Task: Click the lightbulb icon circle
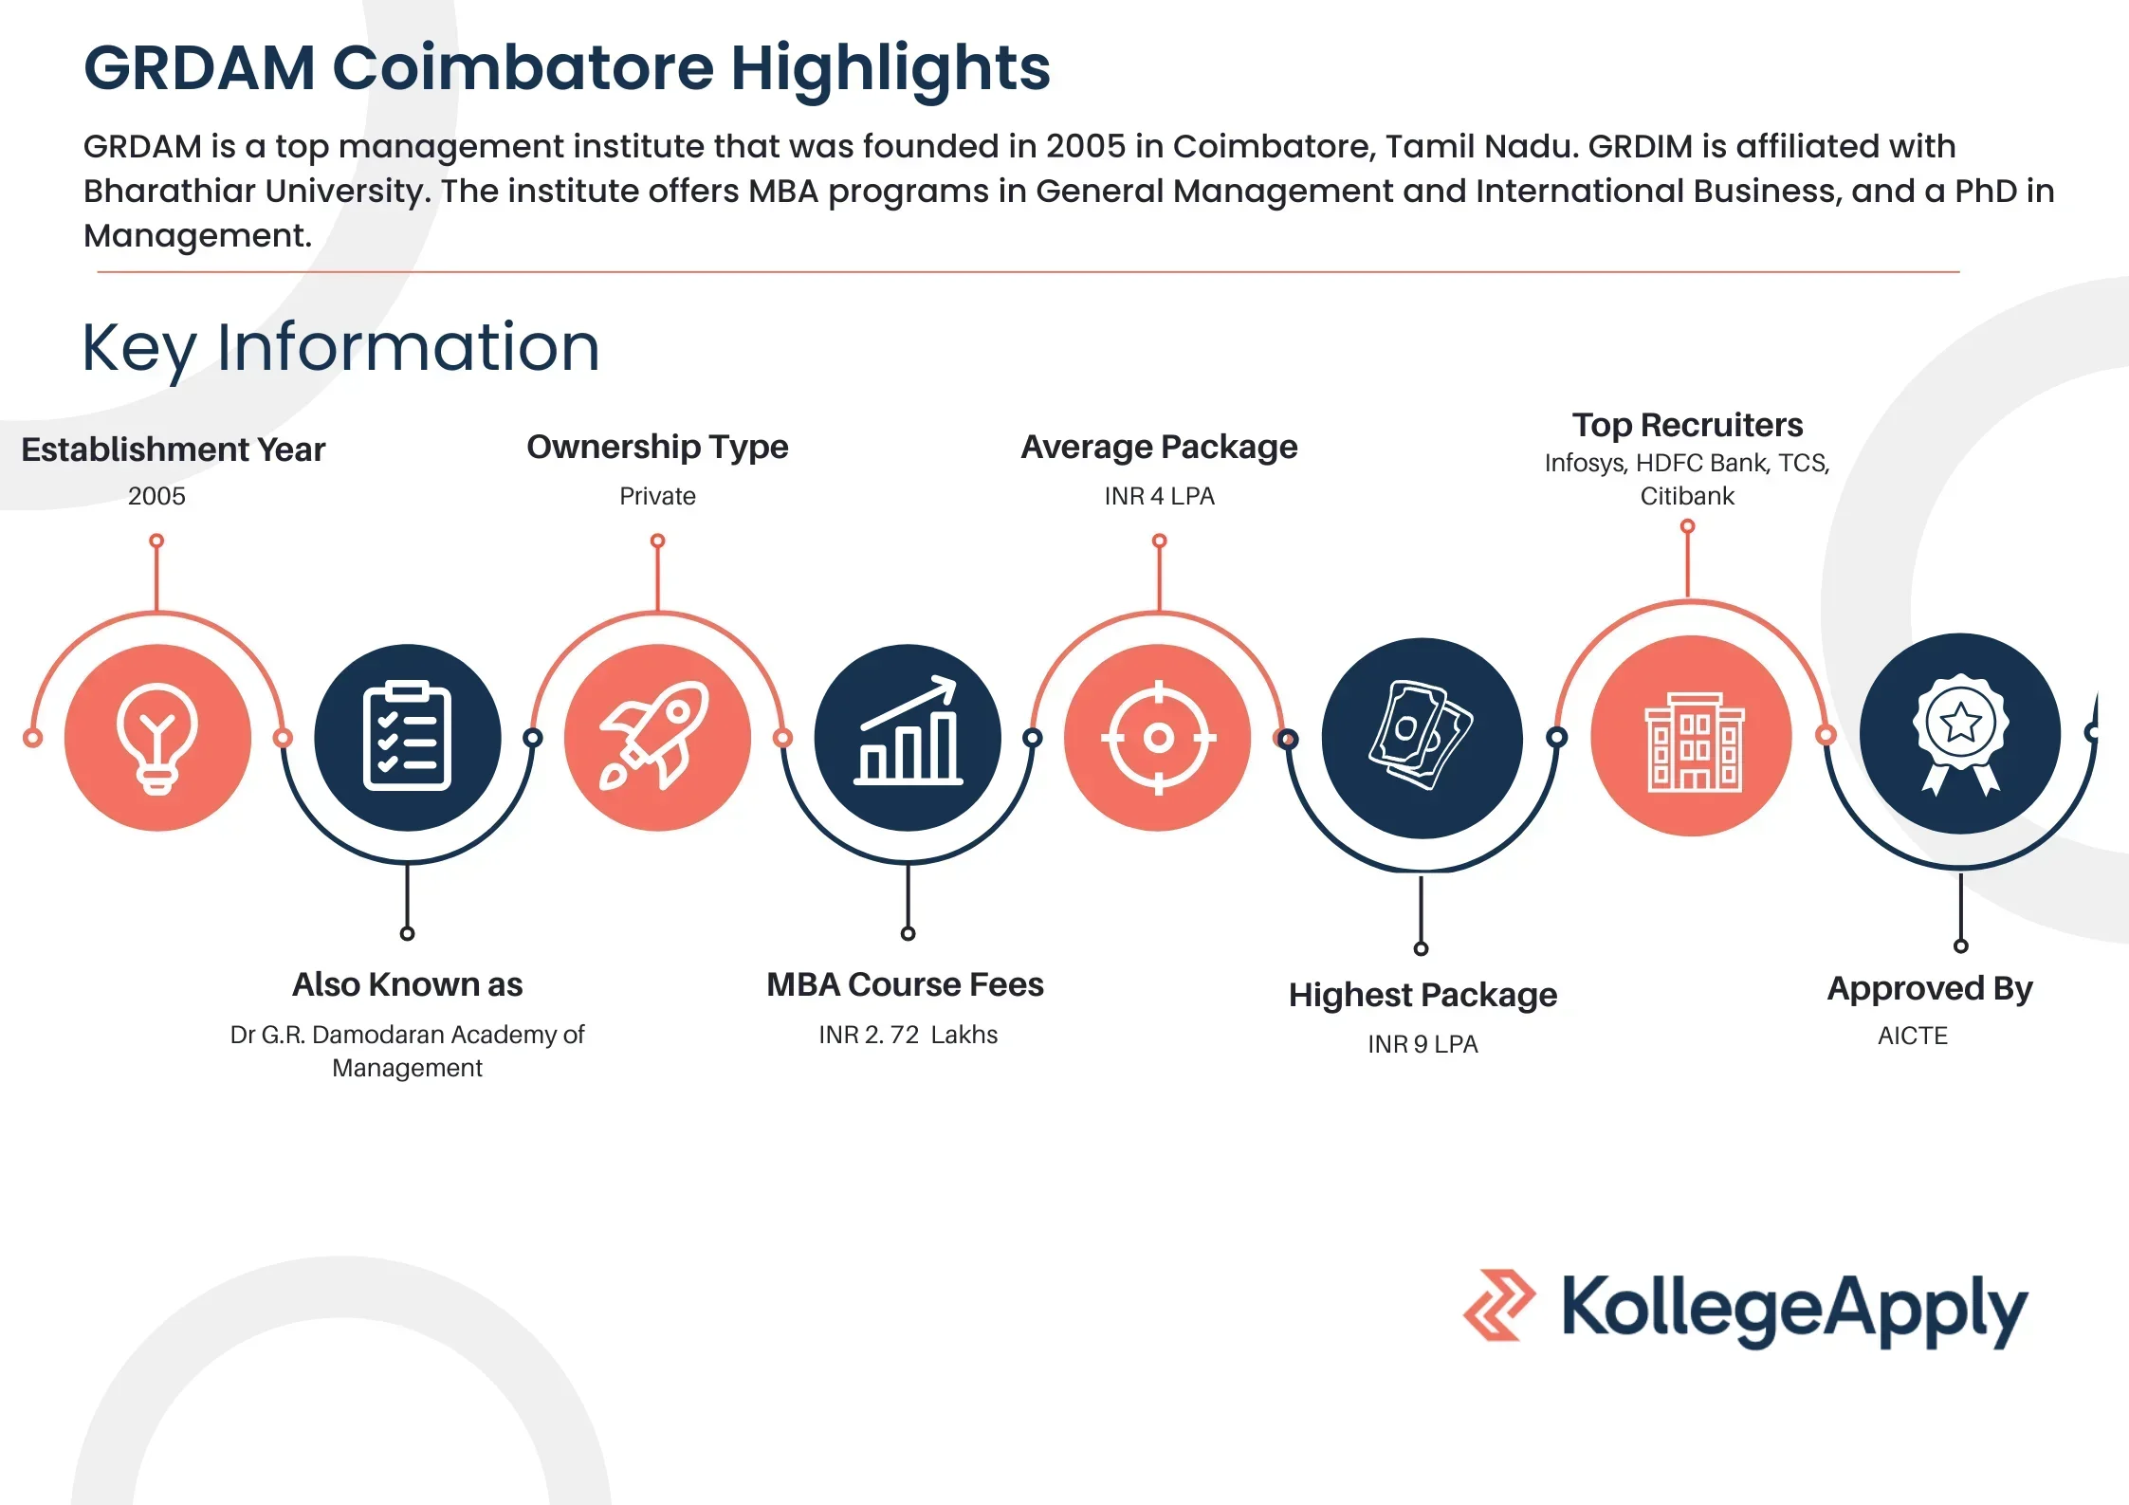pyautogui.click(x=157, y=738)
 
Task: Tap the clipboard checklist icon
pyautogui.click(x=407, y=738)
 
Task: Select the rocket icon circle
pyautogui.click(x=657, y=738)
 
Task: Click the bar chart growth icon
pyautogui.click(x=908, y=738)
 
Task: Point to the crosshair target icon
pyautogui.click(x=1158, y=738)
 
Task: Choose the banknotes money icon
pyautogui.click(x=1422, y=738)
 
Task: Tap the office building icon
pyautogui.click(x=1692, y=738)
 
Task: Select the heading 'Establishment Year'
pyautogui.click(x=174, y=450)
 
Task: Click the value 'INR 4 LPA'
pyautogui.click(x=1159, y=496)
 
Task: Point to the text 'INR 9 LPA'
pyautogui.click(x=1422, y=1044)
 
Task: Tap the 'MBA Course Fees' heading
pyautogui.click(x=905, y=984)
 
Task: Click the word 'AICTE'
pyautogui.click(x=1913, y=1036)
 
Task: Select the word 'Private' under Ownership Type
pyautogui.click(x=657, y=496)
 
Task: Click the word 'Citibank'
pyautogui.click(x=1687, y=496)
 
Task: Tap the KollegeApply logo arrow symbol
pyautogui.click(x=1498, y=1306)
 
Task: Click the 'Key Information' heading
pyautogui.click(x=341, y=348)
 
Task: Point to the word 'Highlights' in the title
pyautogui.click(x=890, y=68)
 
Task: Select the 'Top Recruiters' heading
pyautogui.click(x=1687, y=425)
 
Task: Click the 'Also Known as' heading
pyautogui.click(x=407, y=984)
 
